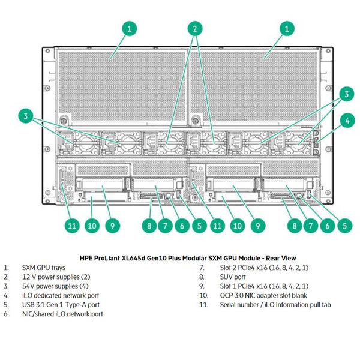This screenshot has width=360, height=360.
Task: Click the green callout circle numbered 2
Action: tap(194, 28)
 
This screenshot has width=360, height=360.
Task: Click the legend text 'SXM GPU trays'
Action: tap(43, 268)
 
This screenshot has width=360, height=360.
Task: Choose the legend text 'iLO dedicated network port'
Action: tap(61, 295)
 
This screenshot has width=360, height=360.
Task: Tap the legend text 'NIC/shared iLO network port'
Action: tap(62, 314)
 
